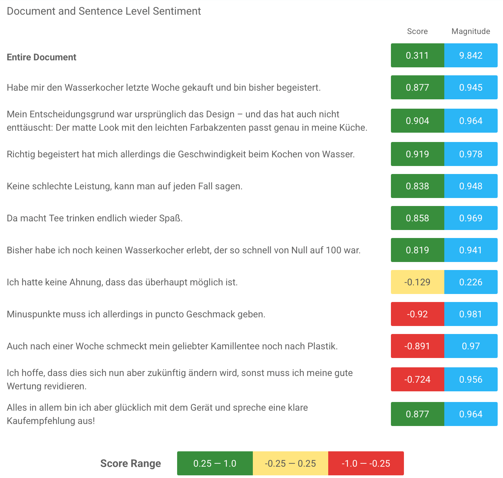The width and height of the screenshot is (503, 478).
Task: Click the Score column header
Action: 417,31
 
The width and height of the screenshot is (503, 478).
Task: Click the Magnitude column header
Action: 471,31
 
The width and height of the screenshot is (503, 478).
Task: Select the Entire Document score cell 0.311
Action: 417,55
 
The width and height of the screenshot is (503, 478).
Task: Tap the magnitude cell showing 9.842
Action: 471,55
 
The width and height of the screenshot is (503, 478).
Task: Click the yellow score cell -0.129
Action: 417,282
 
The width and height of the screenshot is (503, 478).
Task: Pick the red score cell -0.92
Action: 417,314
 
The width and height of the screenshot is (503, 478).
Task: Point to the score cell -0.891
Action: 417,346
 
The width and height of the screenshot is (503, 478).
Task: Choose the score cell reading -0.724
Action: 417,379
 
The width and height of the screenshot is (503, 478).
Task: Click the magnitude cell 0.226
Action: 471,282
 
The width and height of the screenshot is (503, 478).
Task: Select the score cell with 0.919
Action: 417,154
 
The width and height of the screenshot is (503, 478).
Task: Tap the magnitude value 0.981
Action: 471,314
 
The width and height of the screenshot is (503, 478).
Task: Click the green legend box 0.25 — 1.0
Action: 215,463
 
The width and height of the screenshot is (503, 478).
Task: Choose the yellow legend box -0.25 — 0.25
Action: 290,463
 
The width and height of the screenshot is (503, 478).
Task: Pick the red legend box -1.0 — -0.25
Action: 366,463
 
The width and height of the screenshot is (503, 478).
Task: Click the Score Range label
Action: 130,463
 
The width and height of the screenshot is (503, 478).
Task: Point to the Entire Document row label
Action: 42,57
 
